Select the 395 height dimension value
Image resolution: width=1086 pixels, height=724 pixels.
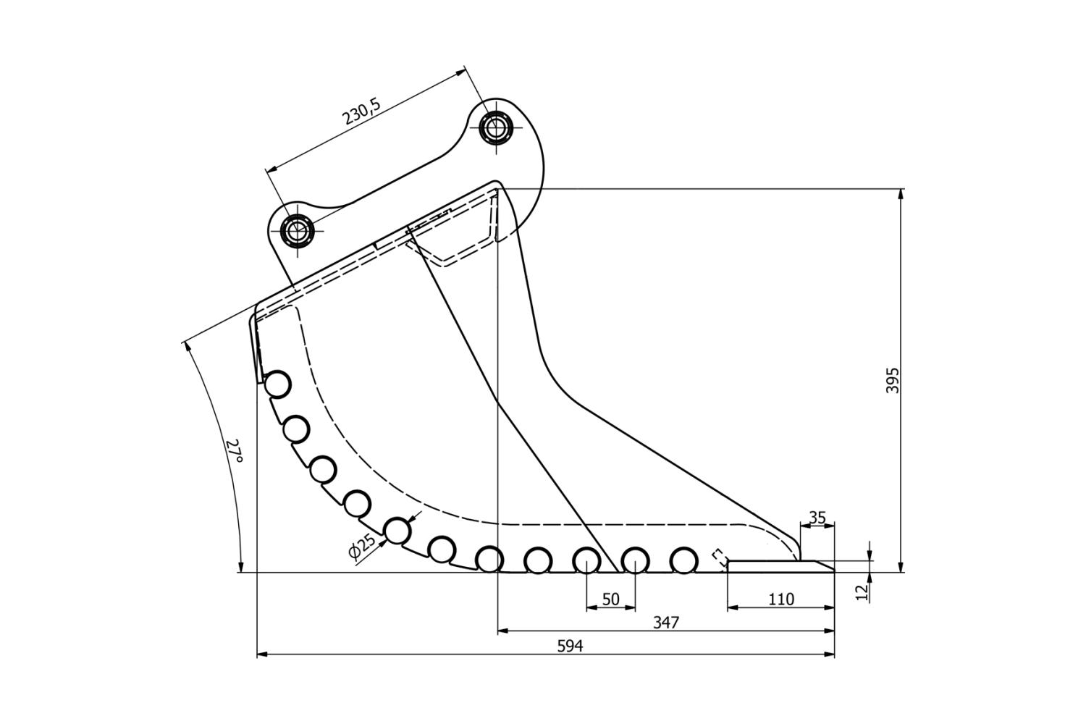pyautogui.click(x=893, y=380)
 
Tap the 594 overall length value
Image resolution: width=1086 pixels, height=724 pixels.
pyautogui.click(x=570, y=646)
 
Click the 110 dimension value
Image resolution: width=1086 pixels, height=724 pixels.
pyautogui.click(x=780, y=599)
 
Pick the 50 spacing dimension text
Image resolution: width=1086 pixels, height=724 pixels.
pyautogui.click(x=610, y=599)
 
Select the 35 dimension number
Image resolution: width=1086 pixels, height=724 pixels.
pyautogui.click(x=817, y=518)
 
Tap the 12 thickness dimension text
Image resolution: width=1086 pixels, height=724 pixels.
pyautogui.click(x=862, y=592)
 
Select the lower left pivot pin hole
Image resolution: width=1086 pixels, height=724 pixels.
pyautogui.click(x=296, y=230)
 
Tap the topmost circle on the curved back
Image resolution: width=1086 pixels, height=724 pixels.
pyautogui.click(x=277, y=384)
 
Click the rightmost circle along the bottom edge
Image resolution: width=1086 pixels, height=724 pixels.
pyautogui.click(x=683, y=560)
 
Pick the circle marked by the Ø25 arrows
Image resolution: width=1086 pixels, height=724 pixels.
pyautogui.click(x=397, y=531)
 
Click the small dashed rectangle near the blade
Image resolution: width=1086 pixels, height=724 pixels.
pyautogui.click(x=720, y=557)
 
